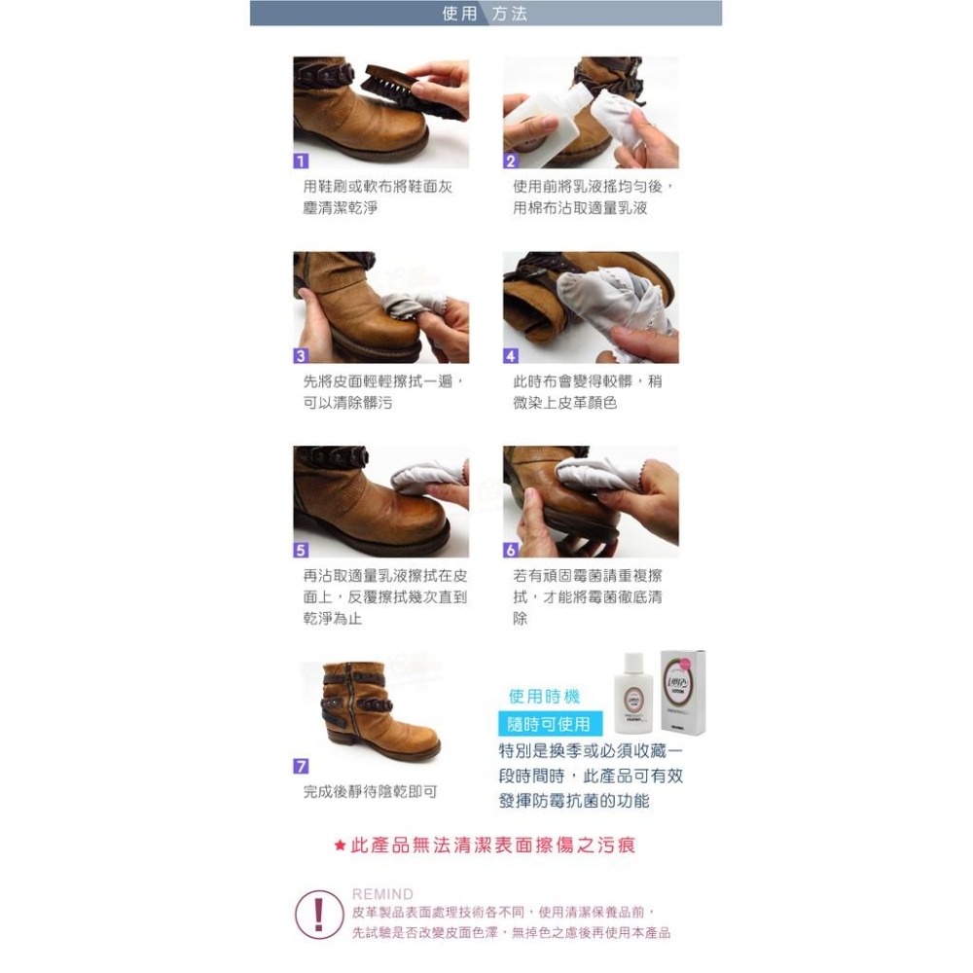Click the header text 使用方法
pos(486,14)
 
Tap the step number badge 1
pos(302,161)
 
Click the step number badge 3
pos(302,355)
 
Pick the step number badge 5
pos(302,550)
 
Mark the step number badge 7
pos(302,767)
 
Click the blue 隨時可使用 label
pos(551,724)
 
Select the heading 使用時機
pos(544,697)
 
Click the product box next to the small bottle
pos(683,692)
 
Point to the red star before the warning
pos(340,846)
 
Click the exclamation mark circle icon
pos(319,914)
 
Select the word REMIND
pos(382,893)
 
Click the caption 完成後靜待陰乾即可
pos(370,792)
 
